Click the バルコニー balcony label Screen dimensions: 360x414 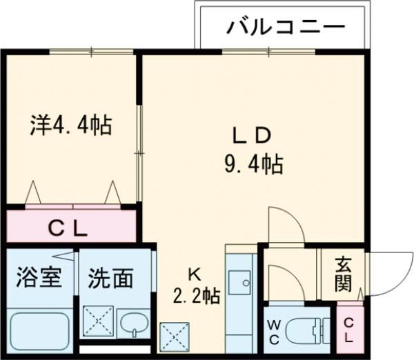(x=285, y=27)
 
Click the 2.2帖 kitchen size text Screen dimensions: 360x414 (x=197, y=297)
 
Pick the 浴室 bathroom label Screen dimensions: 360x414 (x=39, y=278)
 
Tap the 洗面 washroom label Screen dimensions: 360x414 (x=110, y=278)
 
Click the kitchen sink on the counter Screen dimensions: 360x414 (x=241, y=283)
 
